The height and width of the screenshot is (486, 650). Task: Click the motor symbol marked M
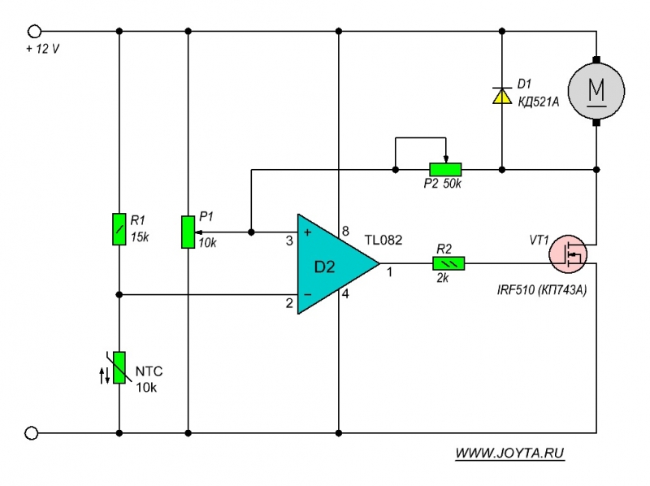[x=597, y=89]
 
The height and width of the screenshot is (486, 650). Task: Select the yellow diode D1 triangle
[x=501, y=96]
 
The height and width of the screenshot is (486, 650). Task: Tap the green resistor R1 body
[x=119, y=228]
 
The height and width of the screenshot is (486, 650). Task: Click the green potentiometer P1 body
[x=188, y=232]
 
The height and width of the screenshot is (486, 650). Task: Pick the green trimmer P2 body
[x=445, y=169]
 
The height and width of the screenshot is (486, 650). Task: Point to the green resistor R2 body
[x=448, y=263]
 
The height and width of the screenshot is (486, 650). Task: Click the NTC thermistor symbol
[x=119, y=367]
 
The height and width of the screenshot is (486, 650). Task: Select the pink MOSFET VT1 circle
[x=571, y=255]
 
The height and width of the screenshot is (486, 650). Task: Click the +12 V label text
[x=42, y=49]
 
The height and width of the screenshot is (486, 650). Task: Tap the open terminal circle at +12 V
[x=34, y=31]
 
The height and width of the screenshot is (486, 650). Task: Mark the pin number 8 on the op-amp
[x=345, y=231]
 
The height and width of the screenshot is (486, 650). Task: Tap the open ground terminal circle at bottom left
[x=33, y=433]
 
